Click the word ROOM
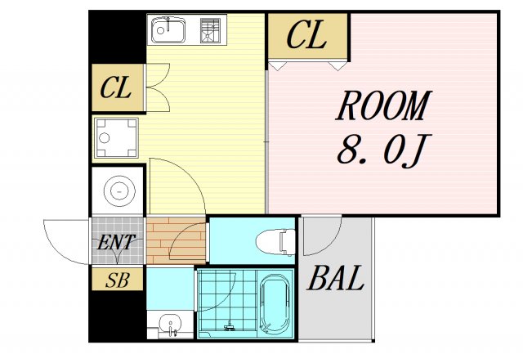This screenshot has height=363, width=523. point(384,105)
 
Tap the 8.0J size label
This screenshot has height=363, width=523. point(384,150)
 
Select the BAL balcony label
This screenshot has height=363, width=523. point(335,278)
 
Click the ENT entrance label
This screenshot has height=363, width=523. point(116,242)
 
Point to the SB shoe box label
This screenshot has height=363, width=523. point(118,280)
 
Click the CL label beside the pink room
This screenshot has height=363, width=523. point(306,34)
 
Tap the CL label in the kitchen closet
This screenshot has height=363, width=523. point(115,87)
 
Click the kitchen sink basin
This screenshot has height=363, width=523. point(168,30)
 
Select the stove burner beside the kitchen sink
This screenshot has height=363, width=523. point(210,30)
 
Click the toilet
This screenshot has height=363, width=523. point(275,241)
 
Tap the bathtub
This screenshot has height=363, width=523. point(275,304)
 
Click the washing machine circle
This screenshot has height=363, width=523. point(119,191)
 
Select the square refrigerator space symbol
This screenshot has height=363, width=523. point(116,138)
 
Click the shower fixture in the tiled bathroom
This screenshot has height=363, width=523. point(229,325)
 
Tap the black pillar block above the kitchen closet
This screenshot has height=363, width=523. point(118,37)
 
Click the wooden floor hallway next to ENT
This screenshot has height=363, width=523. point(176,240)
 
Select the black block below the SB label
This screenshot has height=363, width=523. point(118,316)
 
